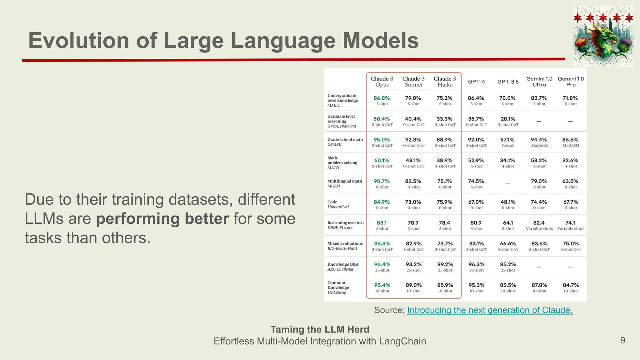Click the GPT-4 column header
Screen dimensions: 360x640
[x=476, y=82]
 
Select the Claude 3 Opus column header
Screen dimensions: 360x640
[x=382, y=82]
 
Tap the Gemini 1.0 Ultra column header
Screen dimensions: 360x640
[x=539, y=82]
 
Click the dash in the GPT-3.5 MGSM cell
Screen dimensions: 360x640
[x=507, y=184]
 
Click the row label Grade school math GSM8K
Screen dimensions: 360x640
[x=345, y=142]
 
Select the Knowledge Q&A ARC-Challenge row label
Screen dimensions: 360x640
[x=343, y=267]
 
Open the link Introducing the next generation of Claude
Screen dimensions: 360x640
[x=490, y=310]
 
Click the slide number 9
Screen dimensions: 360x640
[x=622, y=340]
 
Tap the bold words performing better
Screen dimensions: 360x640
[x=162, y=219]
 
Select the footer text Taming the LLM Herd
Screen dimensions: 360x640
[x=320, y=329]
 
